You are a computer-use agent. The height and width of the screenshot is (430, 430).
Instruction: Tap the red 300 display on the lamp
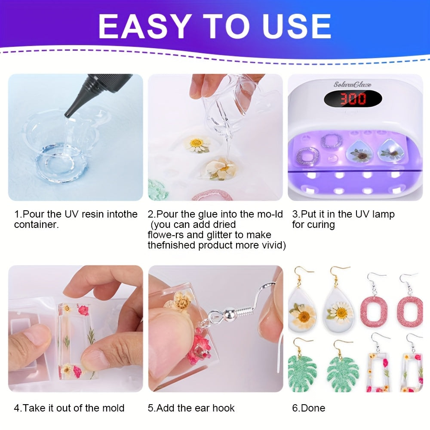tap(353, 99)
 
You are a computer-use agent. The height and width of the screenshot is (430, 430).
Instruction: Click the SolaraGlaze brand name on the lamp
tap(352, 85)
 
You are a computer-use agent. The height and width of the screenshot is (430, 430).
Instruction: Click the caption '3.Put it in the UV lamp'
tap(343, 214)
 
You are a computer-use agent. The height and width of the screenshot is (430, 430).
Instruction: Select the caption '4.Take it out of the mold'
tap(69, 408)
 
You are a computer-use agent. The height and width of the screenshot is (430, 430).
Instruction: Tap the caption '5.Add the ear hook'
tap(191, 408)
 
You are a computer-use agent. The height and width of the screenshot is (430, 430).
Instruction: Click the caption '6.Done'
tap(308, 408)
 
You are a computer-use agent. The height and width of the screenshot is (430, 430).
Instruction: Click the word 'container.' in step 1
tap(36, 225)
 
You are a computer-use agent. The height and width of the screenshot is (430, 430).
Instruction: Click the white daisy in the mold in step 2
tap(197, 144)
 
